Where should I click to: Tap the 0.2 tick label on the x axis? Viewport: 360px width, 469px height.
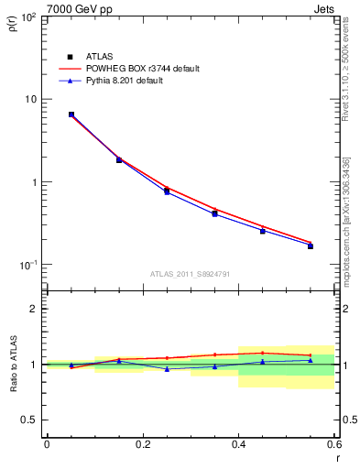[142, 444]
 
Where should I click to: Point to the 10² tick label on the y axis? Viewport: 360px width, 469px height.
[27, 17]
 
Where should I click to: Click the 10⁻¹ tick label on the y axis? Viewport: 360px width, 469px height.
[27, 266]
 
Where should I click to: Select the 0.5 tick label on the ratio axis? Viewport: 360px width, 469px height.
[28, 420]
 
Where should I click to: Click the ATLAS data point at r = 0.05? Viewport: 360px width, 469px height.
[71, 115]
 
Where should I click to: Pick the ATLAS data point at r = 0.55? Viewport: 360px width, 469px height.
[311, 245]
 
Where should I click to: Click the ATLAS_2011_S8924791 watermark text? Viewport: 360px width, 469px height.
[190, 274]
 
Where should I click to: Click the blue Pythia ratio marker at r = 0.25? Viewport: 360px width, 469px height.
[167, 368]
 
